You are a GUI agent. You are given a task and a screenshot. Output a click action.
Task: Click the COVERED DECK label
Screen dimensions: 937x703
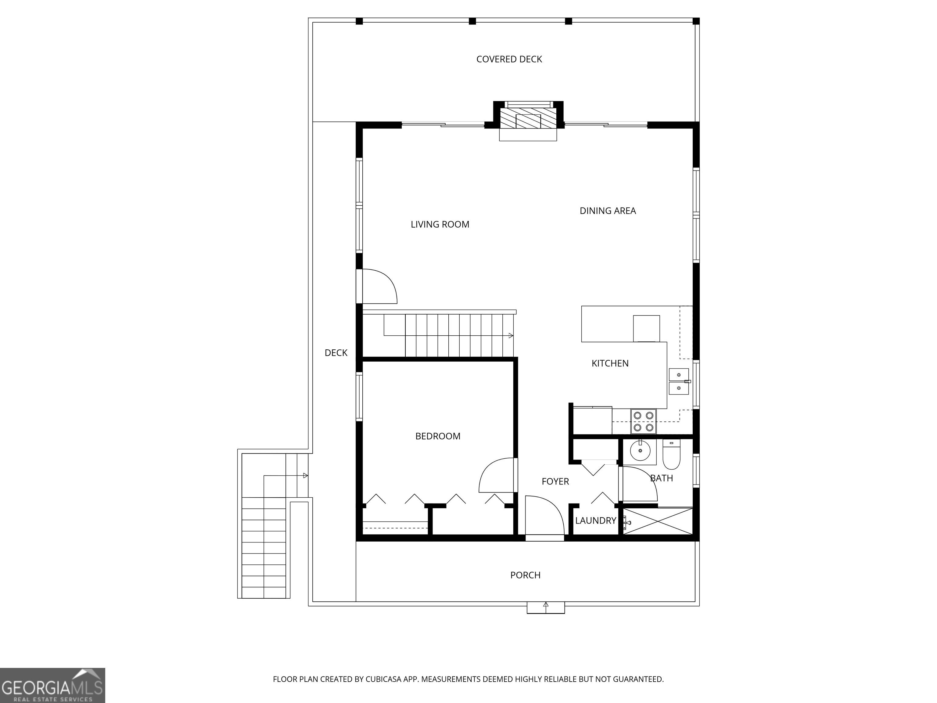509,59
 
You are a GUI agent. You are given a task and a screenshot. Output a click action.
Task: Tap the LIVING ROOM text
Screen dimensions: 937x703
440,225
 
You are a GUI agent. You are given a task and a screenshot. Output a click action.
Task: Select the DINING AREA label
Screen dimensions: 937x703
608,211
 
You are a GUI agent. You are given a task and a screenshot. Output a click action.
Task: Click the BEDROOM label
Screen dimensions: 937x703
438,436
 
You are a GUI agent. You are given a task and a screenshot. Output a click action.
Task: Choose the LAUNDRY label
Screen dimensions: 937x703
596,521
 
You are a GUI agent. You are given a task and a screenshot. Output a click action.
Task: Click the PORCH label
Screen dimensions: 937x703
525,575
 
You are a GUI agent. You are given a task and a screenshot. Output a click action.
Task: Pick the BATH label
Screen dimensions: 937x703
661,478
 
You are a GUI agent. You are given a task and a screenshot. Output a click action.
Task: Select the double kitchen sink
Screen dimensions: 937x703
679,381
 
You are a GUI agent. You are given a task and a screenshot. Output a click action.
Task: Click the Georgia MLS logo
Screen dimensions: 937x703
52,685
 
